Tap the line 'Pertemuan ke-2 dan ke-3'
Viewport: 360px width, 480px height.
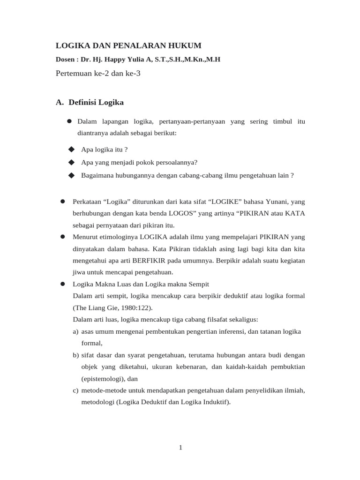click(98, 73)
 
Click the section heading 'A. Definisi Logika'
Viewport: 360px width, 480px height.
click(90, 102)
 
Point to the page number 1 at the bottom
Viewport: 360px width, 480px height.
click(180, 448)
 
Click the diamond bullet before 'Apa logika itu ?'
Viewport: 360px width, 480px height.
click(71, 149)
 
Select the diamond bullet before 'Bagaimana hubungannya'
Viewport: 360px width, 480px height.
click(71, 175)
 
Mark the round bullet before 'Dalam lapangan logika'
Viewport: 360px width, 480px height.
click(69, 121)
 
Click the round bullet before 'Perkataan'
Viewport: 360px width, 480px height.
click(62, 202)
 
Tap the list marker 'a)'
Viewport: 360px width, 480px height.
click(75, 331)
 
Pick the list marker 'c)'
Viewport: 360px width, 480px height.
click(75, 390)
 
